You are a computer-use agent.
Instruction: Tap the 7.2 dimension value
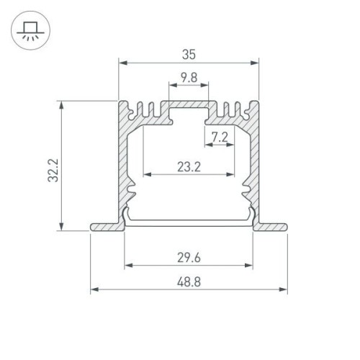pos(220,135)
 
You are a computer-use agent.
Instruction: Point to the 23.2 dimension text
pos(189,167)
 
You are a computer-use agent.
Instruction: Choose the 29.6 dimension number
pos(189,256)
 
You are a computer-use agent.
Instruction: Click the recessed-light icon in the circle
pos(29,30)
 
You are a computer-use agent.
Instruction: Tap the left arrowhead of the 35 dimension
pos(121,63)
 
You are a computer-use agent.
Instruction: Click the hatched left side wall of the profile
pos(123,166)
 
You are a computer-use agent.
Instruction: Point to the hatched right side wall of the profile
pos(253,166)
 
